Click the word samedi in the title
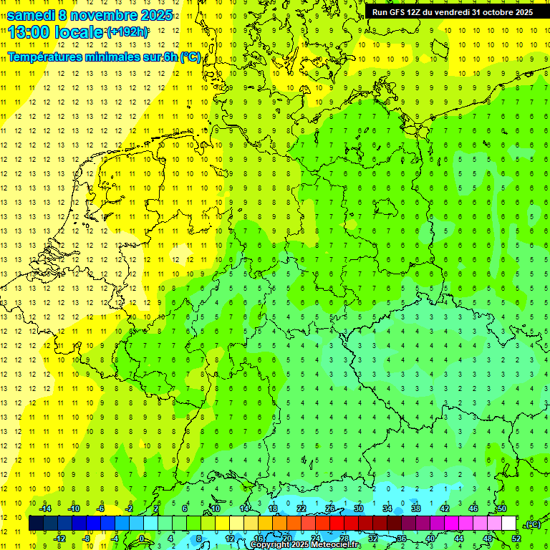click(29, 15)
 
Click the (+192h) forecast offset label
click(127, 33)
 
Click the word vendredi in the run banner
click(450, 12)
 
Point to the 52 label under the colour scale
click(516, 539)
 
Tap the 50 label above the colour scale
click(502, 508)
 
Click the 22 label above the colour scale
click(301, 508)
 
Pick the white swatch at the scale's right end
click(509, 524)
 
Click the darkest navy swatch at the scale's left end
click(36, 524)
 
